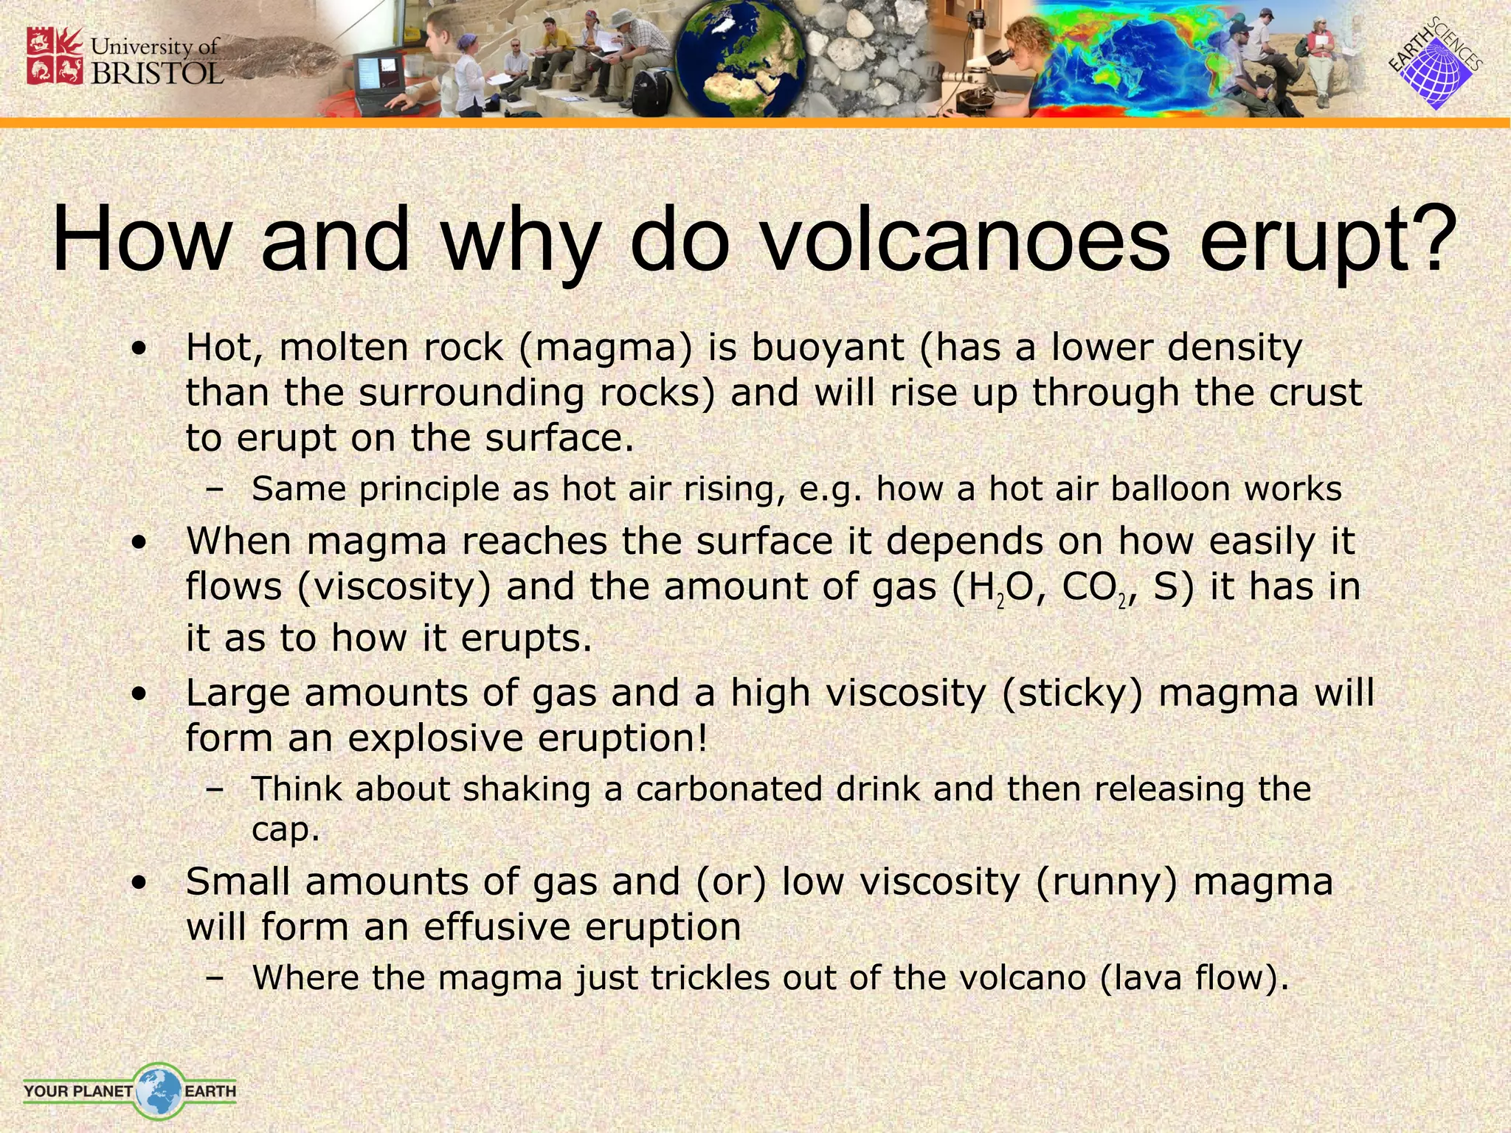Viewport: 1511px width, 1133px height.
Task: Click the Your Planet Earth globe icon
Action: (x=158, y=1090)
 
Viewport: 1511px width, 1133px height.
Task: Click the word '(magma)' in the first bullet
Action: (x=606, y=347)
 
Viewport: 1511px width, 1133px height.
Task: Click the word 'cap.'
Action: (x=286, y=830)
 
